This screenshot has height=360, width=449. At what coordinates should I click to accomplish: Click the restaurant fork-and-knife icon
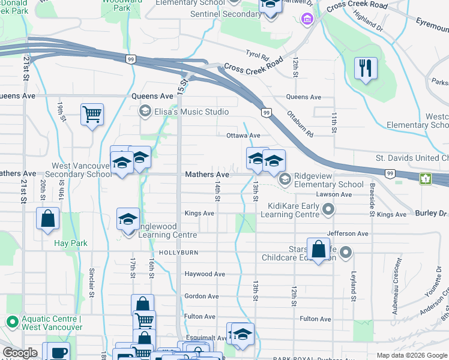366,68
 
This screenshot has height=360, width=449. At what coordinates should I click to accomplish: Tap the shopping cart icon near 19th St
92,114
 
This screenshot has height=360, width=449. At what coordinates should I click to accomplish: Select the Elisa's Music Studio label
191,112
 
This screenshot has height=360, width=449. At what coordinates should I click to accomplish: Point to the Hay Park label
71,243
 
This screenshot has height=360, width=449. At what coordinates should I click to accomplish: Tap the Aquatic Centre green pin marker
11,322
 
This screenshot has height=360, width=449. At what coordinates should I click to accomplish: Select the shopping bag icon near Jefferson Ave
319,248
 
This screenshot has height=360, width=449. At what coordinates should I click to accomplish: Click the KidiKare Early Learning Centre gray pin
328,209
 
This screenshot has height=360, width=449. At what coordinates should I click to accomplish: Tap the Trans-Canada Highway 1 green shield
426,178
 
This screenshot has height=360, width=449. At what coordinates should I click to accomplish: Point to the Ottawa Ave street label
243,136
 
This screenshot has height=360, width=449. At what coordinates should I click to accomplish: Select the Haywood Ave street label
204,274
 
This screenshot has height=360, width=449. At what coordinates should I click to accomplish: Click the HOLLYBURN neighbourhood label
178,253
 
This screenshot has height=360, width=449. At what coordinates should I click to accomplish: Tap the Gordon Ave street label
201,296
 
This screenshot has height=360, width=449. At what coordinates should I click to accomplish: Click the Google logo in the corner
20,353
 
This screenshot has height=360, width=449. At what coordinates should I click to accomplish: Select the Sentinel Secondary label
225,14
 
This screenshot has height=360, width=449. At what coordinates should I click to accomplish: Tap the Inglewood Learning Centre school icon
128,220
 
